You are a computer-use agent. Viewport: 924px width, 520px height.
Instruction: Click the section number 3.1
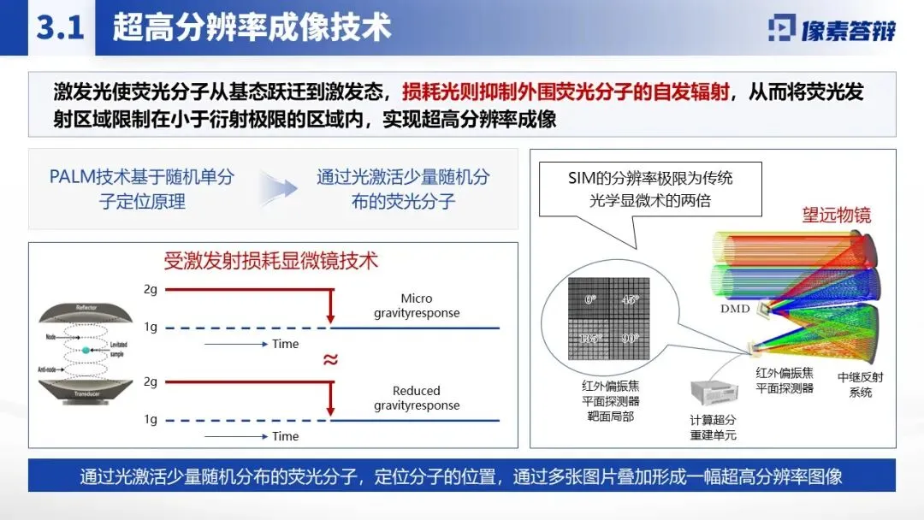point(59,27)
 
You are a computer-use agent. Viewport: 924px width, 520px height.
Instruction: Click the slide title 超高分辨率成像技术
point(252,27)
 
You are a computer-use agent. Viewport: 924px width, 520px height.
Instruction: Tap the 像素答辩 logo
point(832,29)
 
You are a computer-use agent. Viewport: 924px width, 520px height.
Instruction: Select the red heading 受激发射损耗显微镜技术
point(271,260)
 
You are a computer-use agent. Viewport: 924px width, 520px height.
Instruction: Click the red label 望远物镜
point(836,215)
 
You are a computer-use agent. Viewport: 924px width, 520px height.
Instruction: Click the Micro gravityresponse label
point(417,305)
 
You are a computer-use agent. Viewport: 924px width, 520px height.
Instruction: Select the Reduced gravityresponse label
point(417,398)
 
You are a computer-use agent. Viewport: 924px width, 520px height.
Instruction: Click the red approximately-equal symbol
point(329,359)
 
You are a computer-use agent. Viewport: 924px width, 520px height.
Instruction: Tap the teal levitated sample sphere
point(86,351)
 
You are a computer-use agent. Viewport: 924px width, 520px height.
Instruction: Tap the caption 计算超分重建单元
point(713,427)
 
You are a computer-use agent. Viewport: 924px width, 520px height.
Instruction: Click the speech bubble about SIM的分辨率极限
point(650,189)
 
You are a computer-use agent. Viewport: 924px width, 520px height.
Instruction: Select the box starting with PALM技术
point(141,189)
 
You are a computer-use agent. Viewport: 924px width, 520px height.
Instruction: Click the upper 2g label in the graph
point(151,289)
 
